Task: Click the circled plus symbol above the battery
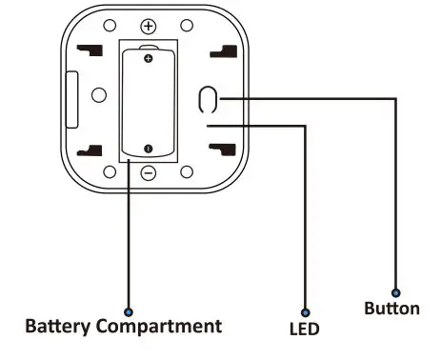tap(149, 26)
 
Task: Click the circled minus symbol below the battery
tap(149, 172)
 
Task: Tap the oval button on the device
tap(209, 99)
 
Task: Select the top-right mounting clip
tap(223, 51)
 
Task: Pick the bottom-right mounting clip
tap(222, 149)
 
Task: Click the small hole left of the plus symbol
tap(110, 26)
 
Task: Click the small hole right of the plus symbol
tap(186, 26)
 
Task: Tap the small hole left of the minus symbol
tap(110, 172)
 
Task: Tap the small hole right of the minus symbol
tap(187, 172)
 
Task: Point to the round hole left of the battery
tap(98, 95)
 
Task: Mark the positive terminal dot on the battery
tap(149, 59)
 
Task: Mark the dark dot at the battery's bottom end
tap(149, 148)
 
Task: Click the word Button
tap(391, 309)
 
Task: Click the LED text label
tap(304, 330)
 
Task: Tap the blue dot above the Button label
tap(396, 292)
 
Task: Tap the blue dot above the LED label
tap(305, 310)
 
